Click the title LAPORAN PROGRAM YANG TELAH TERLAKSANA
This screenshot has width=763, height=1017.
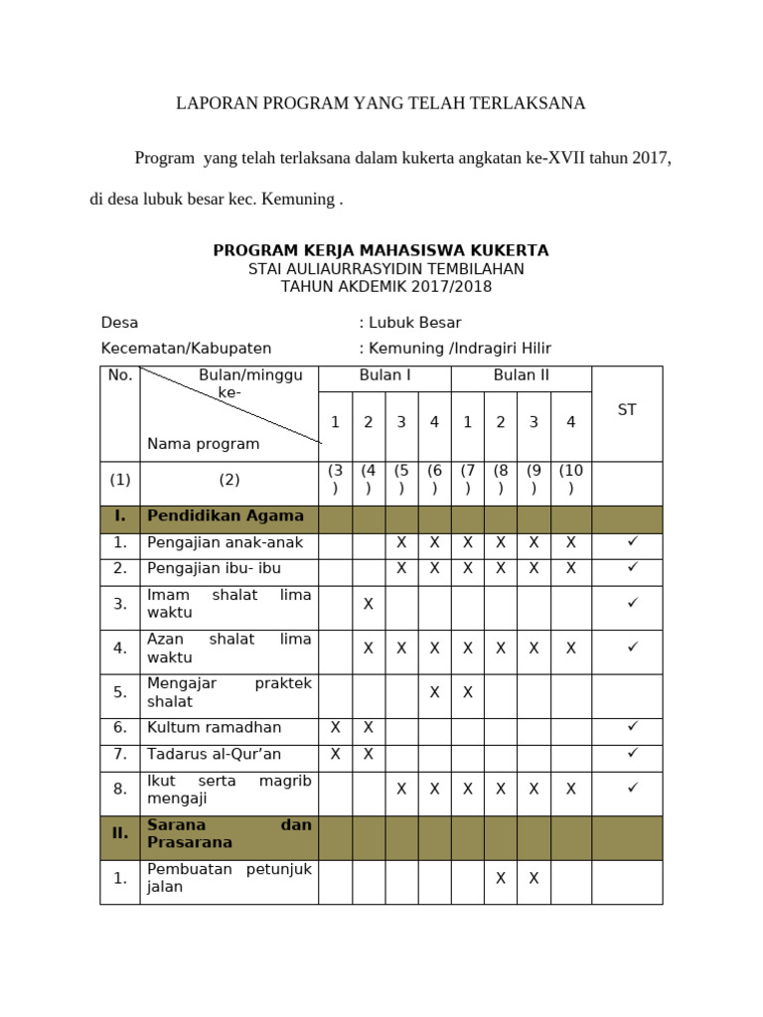[x=381, y=103]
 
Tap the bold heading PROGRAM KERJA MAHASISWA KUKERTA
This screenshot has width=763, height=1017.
[x=381, y=250]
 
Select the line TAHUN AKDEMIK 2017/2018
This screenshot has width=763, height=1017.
[x=386, y=287]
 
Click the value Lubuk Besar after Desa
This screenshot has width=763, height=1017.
[x=414, y=323]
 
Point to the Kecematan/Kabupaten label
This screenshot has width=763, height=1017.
[x=186, y=349]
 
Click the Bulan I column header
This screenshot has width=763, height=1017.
[x=384, y=375]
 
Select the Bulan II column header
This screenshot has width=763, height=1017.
[x=521, y=375]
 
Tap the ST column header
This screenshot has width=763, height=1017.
[x=627, y=410]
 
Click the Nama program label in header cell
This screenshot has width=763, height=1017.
[x=203, y=444]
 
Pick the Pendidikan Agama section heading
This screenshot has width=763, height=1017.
[x=226, y=516]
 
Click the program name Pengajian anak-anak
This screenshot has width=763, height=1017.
[x=226, y=543]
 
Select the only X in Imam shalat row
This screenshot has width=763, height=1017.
[x=368, y=604]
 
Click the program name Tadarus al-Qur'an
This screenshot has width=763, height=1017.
[x=214, y=754]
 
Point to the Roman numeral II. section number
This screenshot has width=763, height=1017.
[x=120, y=833]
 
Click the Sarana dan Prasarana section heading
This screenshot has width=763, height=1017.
[x=229, y=833]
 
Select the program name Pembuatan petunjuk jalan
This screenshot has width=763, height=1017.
[x=229, y=879]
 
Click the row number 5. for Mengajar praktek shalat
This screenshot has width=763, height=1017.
[x=120, y=693]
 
